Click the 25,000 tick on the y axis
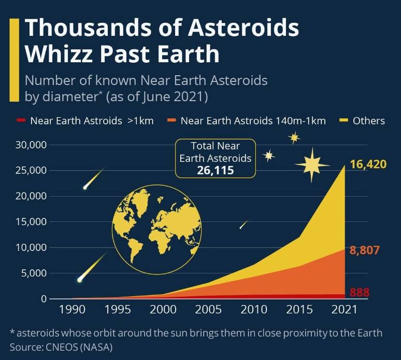(31, 170)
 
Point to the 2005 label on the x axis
(208, 309)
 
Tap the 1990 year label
(72, 309)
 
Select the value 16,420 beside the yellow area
(368, 164)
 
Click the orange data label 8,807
(364, 250)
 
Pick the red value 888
(360, 292)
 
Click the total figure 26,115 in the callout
(216, 170)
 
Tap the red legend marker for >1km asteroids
(21, 120)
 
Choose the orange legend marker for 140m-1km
(171, 120)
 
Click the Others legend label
(368, 120)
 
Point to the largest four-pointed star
(312, 165)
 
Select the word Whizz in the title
(59, 54)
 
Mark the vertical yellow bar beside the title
(15, 60)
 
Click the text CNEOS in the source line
(61, 347)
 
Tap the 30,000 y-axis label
(31, 145)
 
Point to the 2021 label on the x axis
(344, 309)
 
